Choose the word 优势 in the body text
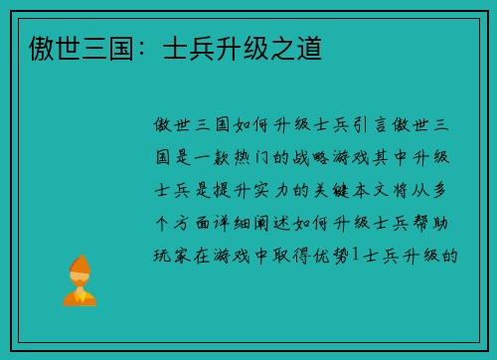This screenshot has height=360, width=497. [x=333, y=256]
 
